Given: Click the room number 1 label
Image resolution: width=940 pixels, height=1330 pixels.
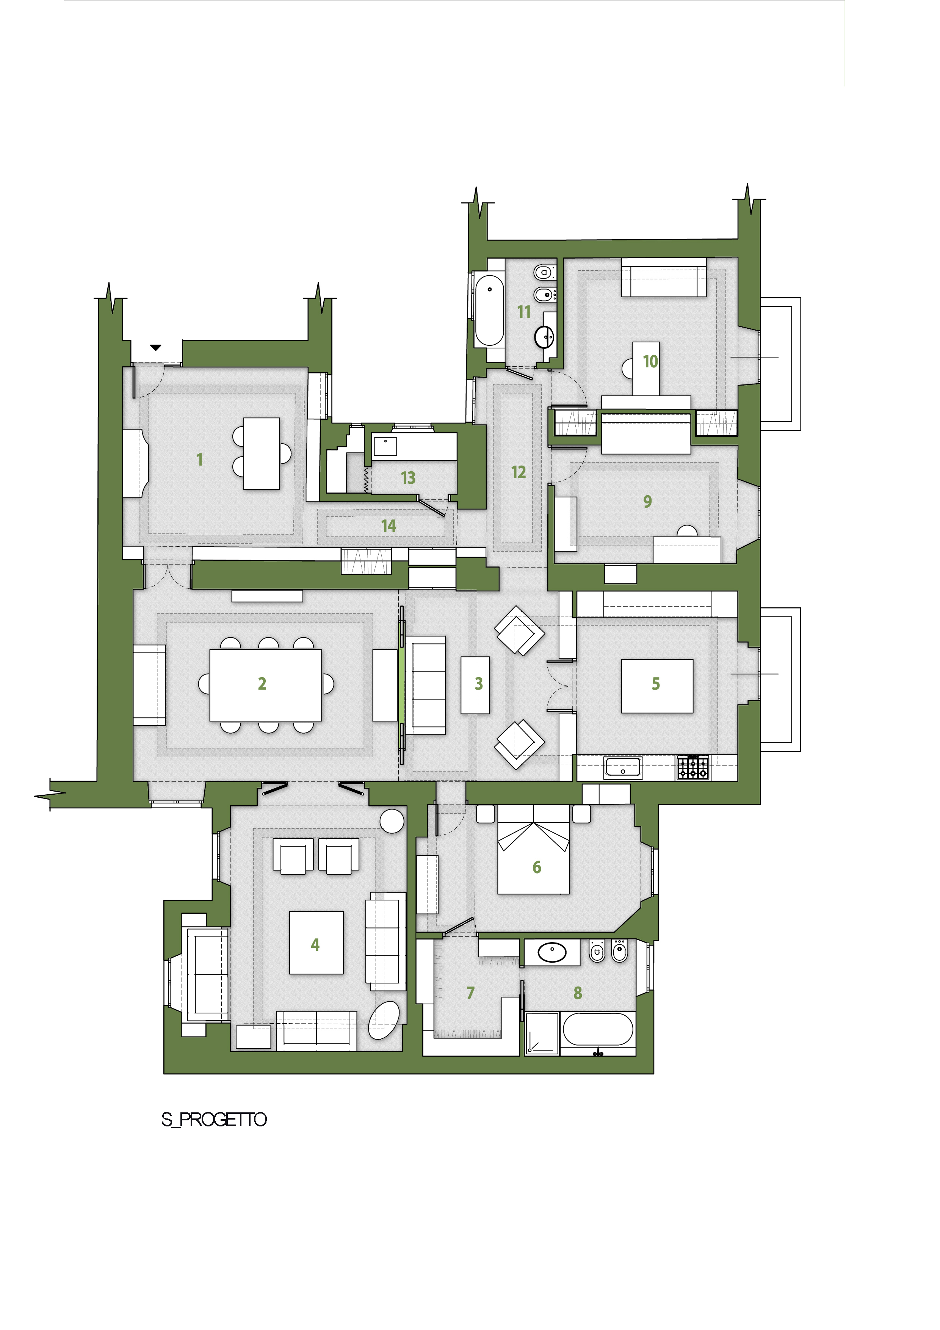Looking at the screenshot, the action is [x=200, y=460].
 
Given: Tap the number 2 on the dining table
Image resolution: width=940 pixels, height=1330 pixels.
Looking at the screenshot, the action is [x=262, y=684].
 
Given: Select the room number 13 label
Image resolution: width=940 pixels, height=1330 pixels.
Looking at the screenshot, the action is [x=408, y=478].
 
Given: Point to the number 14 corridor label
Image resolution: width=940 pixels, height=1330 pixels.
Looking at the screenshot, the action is [x=389, y=526].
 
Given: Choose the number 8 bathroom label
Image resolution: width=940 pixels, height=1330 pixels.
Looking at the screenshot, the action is [x=578, y=993].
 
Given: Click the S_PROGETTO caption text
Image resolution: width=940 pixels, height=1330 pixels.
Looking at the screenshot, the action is [x=214, y=1119].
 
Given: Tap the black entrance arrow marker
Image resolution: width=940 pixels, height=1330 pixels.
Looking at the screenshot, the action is [x=156, y=348].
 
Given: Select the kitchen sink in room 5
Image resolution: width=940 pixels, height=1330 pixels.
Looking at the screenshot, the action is [x=623, y=767].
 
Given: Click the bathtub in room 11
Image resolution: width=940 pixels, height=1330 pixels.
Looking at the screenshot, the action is [x=489, y=311].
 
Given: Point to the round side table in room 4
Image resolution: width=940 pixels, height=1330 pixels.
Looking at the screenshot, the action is [x=392, y=822].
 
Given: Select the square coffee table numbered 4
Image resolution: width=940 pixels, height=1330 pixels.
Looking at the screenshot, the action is [x=316, y=943].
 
